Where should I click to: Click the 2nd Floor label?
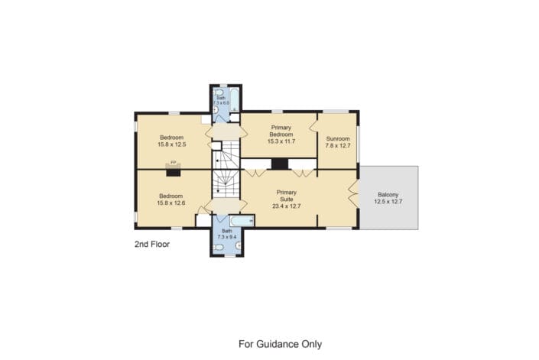pos(152,245)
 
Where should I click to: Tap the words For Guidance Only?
pos(280,344)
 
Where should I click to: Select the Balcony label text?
pos(388,194)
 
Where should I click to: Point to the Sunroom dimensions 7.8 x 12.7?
pos(338,146)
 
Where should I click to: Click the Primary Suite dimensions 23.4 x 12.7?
pos(287,206)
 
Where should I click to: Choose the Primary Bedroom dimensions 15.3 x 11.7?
pos(281,141)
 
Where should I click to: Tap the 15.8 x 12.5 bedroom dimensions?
pos(171,144)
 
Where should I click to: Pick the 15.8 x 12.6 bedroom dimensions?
pos(170,203)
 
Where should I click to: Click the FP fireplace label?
pos(174,162)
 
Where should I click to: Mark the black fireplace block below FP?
pos(174,173)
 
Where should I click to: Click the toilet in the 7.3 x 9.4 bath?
pos(219,247)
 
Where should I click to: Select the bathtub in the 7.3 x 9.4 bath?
pos(242,221)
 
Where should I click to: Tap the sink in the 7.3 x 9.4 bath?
pos(239,245)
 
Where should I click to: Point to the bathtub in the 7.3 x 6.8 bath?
pos(235,100)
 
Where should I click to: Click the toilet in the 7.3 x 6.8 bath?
pos(218,92)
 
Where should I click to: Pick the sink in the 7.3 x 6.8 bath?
pos(216,109)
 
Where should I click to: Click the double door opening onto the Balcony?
pos(353,195)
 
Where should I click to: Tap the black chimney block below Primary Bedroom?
pos(280,164)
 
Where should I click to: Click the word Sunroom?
pos(338,139)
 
